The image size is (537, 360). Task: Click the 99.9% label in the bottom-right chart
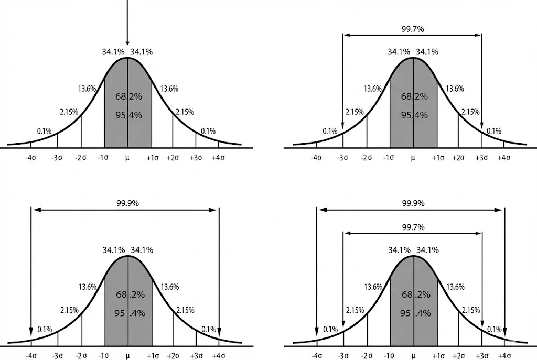pos(413,203)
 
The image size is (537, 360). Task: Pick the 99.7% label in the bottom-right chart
pos(413,227)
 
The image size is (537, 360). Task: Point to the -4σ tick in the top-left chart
pos(30,157)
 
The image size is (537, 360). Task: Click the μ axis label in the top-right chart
pos(413,157)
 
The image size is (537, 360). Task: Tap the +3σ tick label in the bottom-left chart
pos(196,356)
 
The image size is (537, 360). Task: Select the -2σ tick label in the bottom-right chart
pos(367,356)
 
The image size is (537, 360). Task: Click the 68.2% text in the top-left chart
pos(128,96)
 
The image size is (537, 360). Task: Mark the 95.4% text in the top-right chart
pos(414,115)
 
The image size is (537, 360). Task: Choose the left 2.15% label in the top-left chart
pos(69,112)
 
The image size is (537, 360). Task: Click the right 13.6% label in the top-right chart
pos(455,89)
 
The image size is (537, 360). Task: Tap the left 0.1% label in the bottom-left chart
pos(45,330)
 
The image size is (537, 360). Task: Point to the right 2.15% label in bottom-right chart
pos(470,310)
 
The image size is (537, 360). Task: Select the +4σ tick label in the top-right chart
pos(504,157)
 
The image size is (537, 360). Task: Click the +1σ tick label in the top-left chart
pos(152,157)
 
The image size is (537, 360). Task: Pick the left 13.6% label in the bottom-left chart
pos(87,287)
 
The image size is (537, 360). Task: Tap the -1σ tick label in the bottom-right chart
pos(389,356)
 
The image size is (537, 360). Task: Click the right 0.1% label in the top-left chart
pos(208,131)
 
